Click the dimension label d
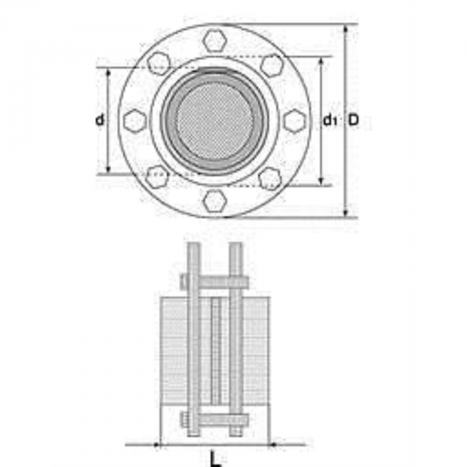[x=100, y=120]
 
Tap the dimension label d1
[x=330, y=120]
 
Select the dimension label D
[x=353, y=120]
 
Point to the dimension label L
[x=216, y=460]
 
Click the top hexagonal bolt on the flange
[x=215, y=39]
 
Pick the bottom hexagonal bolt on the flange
[x=215, y=200]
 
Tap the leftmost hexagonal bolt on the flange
[x=135, y=120]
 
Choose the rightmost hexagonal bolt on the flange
[x=295, y=120]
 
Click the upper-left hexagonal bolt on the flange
[x=159, y=64]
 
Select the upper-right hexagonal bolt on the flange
[x=272, y=65]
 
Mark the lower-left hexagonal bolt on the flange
[x=158, y=177]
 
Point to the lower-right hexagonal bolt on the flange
[x=270, y=178]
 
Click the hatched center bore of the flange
[x=215, y=120]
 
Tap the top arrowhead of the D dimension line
[x=346, y=29]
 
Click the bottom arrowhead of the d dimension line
[x=108, y=169]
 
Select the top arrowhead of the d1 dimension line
[x=321, y=63]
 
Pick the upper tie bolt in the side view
[x=214, y=282]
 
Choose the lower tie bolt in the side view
[x=214, y=420]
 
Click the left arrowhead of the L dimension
[x=157, y=445]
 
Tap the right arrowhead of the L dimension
[x=273, y=445]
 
